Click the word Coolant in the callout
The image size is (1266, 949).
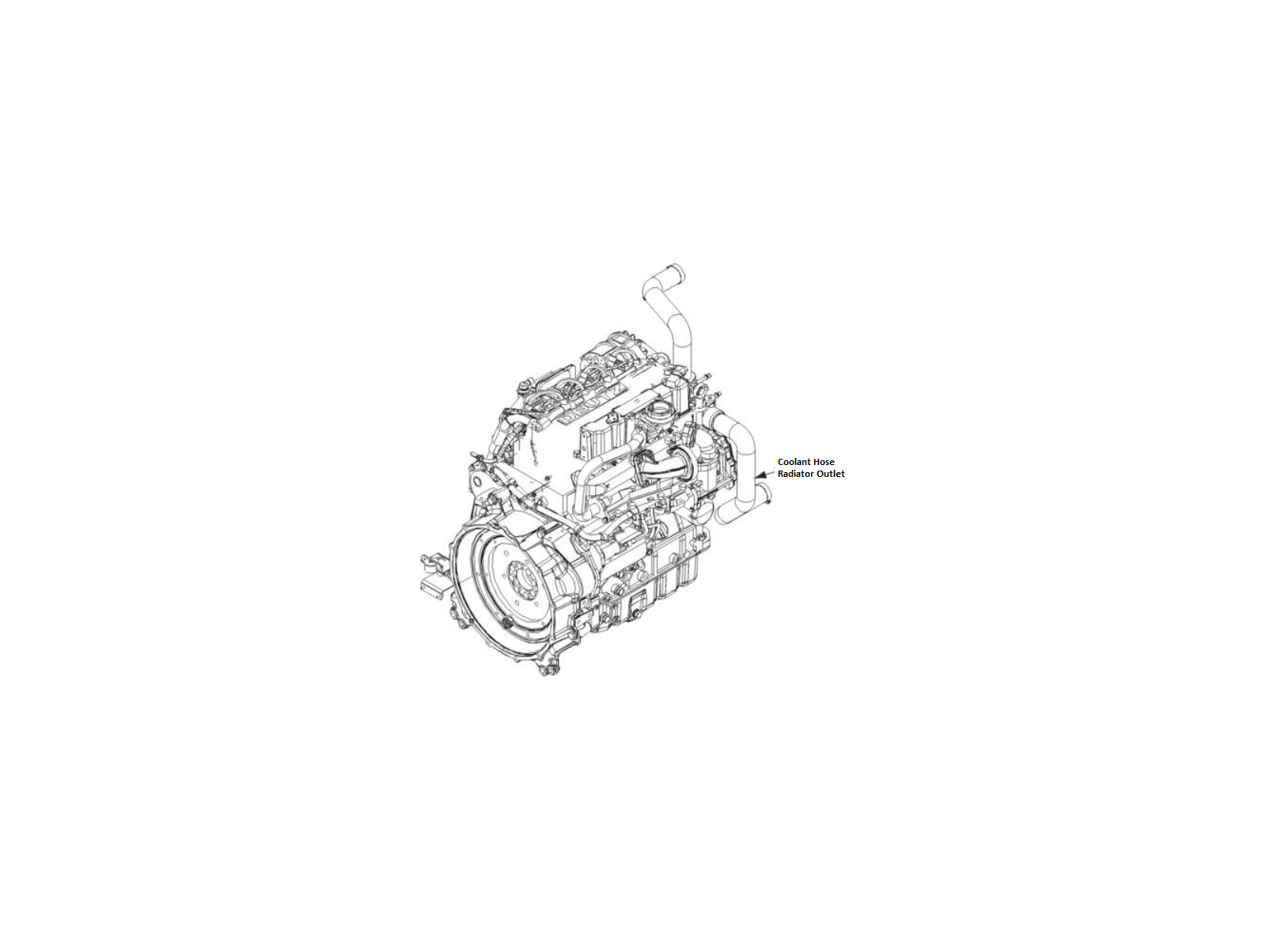791,462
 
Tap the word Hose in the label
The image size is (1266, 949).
821,462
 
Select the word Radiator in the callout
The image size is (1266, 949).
794,474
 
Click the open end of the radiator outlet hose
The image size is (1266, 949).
764,493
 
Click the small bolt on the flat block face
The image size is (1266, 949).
547,478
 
